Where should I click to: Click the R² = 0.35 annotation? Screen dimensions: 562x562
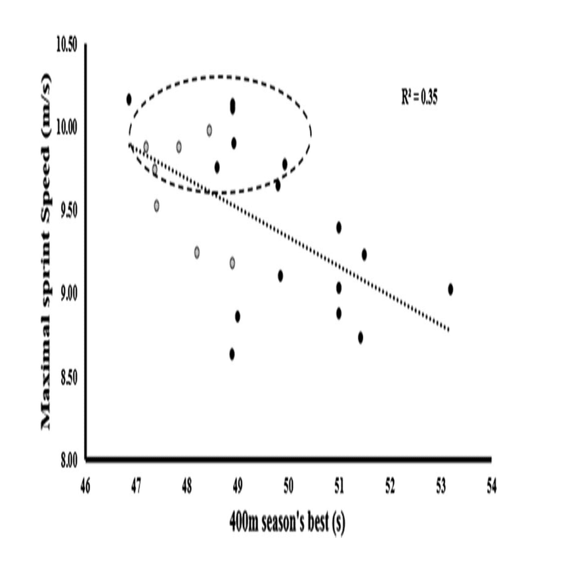[420, 98]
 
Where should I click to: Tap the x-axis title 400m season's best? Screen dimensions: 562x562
[288, 523]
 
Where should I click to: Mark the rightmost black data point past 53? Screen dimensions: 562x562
[450, 289]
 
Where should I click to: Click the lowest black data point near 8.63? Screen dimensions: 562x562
[232, 354]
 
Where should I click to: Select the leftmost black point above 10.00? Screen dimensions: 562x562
[129, 99]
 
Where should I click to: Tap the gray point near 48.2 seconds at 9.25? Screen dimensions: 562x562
[196, 252]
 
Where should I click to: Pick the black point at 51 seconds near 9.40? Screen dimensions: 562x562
[339, 227]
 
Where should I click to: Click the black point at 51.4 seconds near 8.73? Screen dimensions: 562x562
[360, 337]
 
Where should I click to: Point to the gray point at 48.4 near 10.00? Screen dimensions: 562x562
[209, 130]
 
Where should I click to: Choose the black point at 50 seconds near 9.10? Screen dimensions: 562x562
[280, 276]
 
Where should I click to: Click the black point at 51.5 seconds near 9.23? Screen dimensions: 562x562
[364, 254]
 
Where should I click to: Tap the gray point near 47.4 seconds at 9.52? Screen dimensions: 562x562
[157, 205]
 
